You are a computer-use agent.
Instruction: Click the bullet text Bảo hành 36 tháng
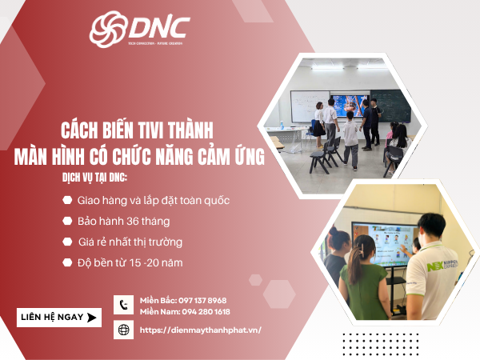click(x=123, y=220)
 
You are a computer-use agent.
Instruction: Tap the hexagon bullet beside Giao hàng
click(x=66, y=200)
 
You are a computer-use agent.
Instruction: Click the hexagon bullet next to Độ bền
click(x=66, y=261)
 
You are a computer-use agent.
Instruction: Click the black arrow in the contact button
click(x=92, y=318)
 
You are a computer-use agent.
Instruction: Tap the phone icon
click(x=124, y=305)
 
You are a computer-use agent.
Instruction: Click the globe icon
click(x=124, y=330)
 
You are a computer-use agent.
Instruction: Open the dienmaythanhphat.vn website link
click(x=201, y=330)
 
